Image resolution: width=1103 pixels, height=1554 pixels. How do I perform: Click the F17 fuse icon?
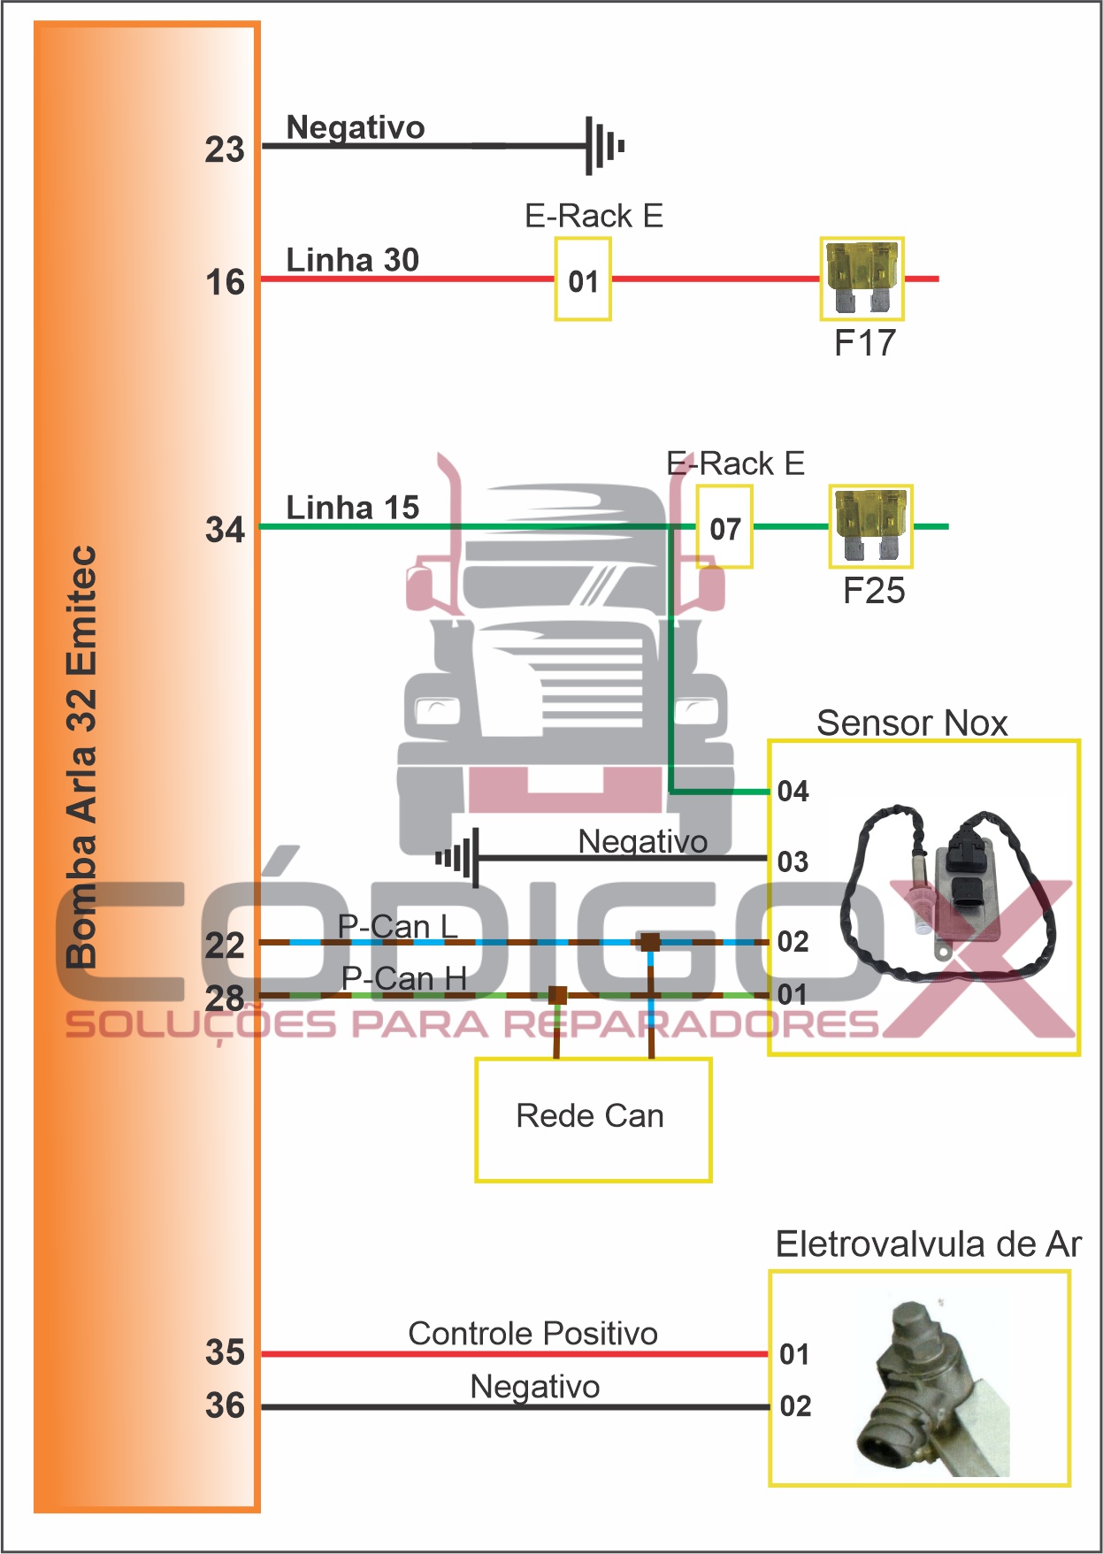click(862, 278)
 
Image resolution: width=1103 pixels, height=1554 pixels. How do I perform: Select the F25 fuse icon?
click(870, 525)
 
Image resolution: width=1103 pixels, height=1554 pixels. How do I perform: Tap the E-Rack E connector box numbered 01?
click(583, 279)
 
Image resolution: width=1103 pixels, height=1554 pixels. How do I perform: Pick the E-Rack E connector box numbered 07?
click(724, 527)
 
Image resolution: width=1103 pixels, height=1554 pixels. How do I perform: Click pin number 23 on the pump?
click(225, 149)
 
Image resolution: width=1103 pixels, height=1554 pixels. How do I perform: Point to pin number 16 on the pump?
click(225, 283)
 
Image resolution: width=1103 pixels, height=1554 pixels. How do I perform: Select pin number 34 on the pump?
click(225, 531)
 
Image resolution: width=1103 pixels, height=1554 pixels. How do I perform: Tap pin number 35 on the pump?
click(225, 1352)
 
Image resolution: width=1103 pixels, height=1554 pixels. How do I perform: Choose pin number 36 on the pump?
click(225, 1405)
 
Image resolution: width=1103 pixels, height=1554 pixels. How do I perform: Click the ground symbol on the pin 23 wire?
click(604, 146)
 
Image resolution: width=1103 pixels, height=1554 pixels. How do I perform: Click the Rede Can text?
click(590, 1116)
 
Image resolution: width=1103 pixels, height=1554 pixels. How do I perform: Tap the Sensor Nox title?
click(912, 723)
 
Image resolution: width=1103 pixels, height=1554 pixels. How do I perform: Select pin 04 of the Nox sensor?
click(793, 791)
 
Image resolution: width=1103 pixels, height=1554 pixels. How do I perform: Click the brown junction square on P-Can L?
click(650, 942)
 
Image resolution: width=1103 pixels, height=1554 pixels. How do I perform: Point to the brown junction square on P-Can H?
click(557, 995)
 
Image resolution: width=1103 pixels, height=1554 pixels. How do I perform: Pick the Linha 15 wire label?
click(352, 508)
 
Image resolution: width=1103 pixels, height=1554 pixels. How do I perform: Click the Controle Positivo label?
click(532, 1333)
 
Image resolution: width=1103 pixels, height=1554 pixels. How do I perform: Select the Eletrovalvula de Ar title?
click(928, 1244)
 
